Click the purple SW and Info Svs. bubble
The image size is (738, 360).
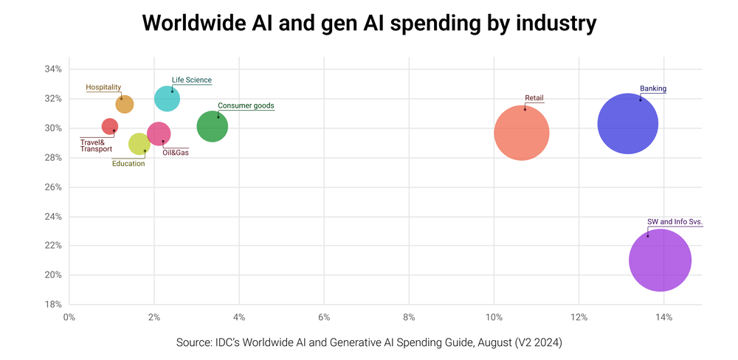[660, 260]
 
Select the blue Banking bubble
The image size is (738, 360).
[627, 123]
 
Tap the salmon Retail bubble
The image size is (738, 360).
[521, 133]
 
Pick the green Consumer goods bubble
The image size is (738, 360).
[213, 126]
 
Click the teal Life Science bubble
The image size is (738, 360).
[168, 99]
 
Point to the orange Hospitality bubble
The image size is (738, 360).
[125, 104]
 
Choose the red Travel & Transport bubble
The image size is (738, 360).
[109, 127]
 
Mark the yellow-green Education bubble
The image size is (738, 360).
[139, 143]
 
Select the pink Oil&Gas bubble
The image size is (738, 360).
[159, 134]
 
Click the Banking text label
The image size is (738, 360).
[653, 89]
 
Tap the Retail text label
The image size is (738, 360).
[534, 98]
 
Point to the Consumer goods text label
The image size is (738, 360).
[246, 105]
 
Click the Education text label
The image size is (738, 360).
[128, 164]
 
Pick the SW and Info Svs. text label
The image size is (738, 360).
[675, 221]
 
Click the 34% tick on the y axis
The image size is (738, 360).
[52, 69]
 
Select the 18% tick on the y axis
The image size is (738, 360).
[52, 305]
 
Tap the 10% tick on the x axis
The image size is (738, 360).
[494, 318]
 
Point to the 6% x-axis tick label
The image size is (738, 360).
[323, 318]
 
